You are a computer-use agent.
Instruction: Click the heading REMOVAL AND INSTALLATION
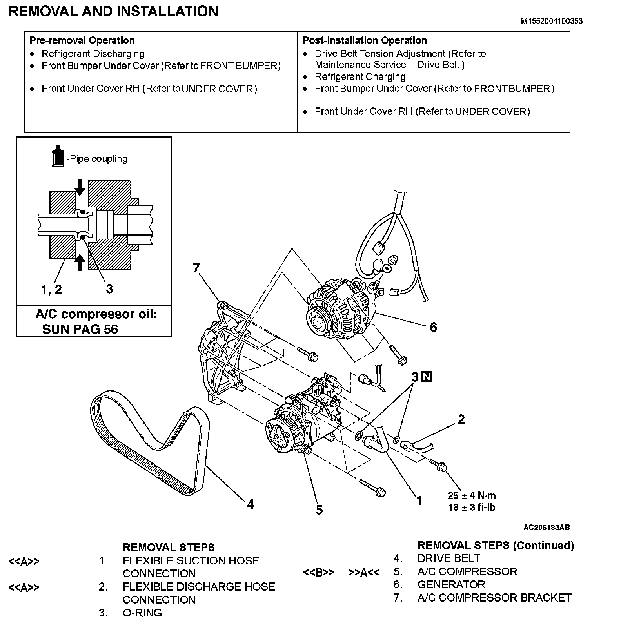(113, 11)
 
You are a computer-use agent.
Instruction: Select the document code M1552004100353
(551, 21)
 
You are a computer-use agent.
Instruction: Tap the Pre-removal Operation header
(82, 40)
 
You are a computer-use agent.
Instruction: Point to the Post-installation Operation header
(365, 40)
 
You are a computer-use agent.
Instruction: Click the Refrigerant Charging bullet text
(360, 77)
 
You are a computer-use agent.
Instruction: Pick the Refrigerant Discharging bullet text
(93, 54)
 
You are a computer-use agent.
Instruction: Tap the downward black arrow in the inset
(80, 187)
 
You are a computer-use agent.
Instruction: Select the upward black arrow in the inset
(80, 262)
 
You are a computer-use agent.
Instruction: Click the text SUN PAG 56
(80, 329)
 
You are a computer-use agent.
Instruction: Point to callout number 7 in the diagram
(196, 268)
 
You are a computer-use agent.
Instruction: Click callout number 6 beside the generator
(433, 327)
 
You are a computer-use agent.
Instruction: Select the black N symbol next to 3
(427, 377)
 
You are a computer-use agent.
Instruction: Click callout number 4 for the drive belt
(251, 504)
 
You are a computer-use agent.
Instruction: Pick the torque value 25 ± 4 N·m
(472, 495)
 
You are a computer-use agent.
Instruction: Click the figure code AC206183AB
(547, 528)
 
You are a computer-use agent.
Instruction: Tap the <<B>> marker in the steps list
(318, 573)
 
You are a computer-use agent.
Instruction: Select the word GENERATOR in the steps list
(451, 585)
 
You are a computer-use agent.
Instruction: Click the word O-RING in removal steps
(142, 613)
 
